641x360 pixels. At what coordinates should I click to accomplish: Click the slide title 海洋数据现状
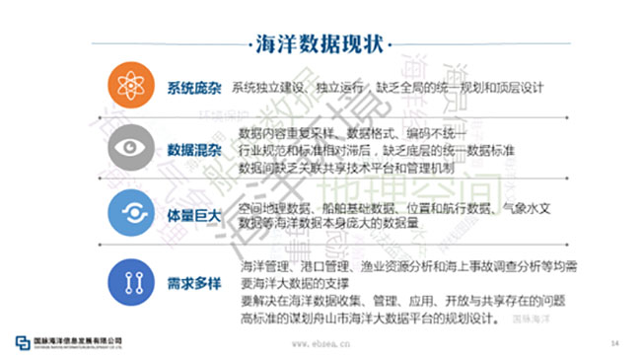[320, 44]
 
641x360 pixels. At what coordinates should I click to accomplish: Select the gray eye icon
[129, 147]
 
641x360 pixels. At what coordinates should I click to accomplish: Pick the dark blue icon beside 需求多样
[129, 279]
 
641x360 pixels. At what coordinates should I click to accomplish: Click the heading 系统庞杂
[195, 86]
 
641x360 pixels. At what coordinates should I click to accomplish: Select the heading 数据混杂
[194, 149]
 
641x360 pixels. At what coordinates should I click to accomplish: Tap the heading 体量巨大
[195, 214]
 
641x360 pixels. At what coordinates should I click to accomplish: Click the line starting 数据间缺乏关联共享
[351, 168]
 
